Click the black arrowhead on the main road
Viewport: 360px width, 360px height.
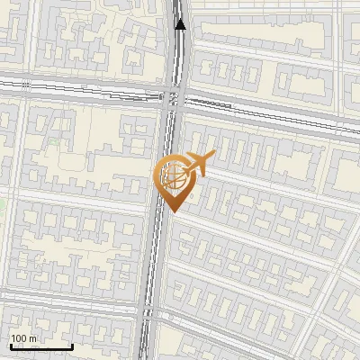181,24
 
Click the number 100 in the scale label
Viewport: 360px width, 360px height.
19,338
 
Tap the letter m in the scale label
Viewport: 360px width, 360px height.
33,338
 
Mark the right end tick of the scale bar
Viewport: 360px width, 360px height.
72,346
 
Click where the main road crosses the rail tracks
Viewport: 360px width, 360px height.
173,95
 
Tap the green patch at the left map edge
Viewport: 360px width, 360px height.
3,205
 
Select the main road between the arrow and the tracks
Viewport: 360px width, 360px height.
176,58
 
